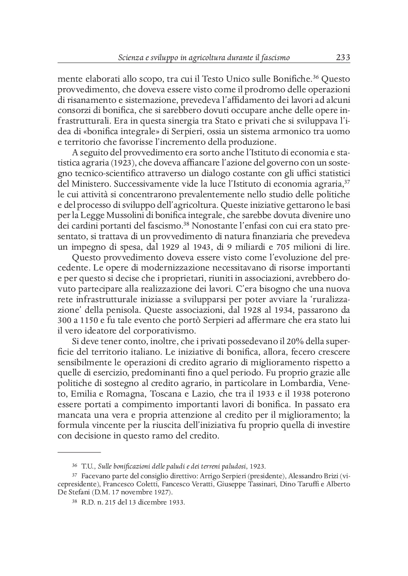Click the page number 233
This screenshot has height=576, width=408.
pyautogui.click(x=342, y=58)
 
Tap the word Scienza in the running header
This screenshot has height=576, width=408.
pyautogui.click(x=130, y=58)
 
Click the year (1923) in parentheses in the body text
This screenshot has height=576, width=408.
pyautogui.click(x=122, y=163)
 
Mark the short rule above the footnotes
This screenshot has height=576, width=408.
pyautogui.click(x=79, y=452)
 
